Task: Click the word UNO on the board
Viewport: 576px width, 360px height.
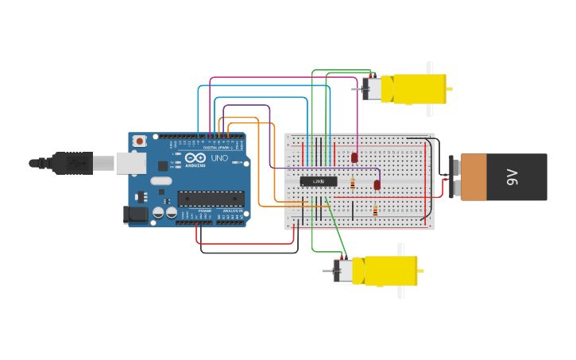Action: click(x=219, y=158)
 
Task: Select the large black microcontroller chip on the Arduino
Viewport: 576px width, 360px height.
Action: click(x=210, y=199)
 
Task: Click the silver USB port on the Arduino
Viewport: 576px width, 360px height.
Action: click(x=131, y=163)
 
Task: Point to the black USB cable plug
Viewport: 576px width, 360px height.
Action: click(x=72, y=163)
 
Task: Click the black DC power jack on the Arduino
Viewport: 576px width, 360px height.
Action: click(x=136, y=214)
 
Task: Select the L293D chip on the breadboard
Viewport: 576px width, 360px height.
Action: click(x=319, y=181)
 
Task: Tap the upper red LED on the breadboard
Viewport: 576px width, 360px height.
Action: click(x=354, y=157)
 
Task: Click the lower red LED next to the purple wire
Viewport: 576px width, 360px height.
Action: click(x=377, y=185)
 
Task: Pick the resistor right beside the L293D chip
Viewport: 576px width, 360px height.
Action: click(x=352, y=184)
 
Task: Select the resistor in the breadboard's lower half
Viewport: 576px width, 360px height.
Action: click(x=375, y=211)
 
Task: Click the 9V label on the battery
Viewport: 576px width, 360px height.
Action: click(x=512, y=177)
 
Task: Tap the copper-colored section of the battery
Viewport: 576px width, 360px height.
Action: click(x=474, y=177)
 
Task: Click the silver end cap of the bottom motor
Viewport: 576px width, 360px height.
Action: click(x=343, y=271)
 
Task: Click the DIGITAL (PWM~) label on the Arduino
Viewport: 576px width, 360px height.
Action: click(x=216, y=147)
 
